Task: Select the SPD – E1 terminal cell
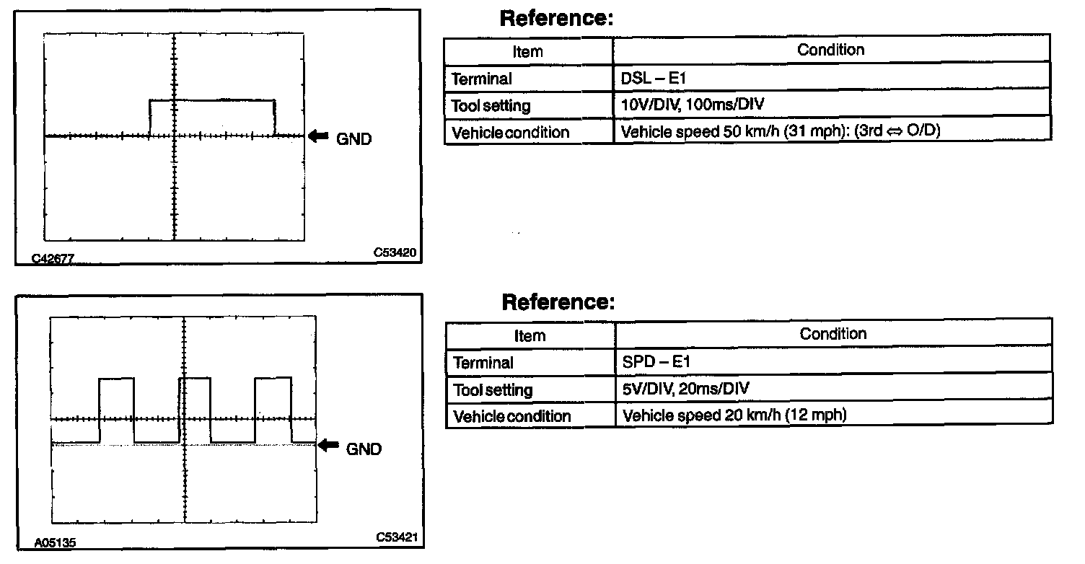coord(833,362)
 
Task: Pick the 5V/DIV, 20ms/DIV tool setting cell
coord(833,389)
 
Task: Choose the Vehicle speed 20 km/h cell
coord(833,415)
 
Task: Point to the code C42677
coord(53,257)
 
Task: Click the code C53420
coord(394,253)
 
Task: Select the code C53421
coord(396,537)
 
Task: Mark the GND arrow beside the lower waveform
coord(328,446)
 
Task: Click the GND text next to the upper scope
coord(353,139)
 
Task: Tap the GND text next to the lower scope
coord(364,449)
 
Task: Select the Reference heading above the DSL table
coord(555,19)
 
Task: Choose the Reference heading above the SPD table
coord(558,301)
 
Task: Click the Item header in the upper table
coord(527,51)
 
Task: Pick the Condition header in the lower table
coord(833,334)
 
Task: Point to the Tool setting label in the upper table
coord(491,106)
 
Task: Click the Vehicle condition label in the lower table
coord(511,416)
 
